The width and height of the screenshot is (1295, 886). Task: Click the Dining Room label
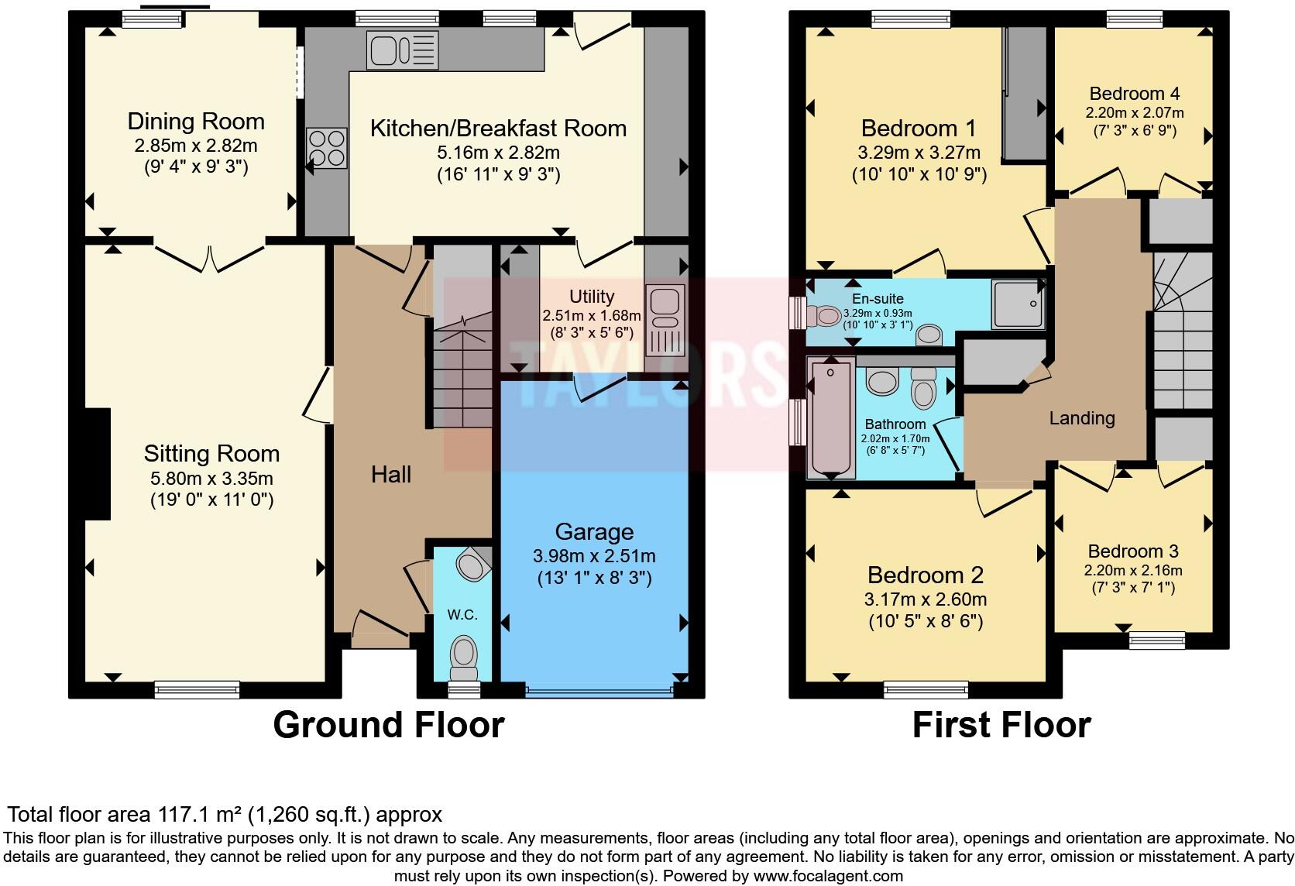click(x=196, y=122)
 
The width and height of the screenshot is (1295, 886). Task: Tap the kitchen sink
click(x=403, y=50)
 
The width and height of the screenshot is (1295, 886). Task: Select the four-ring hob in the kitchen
click(x=327, y=148)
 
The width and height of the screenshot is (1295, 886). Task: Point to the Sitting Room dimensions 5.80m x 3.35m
click(x=211, y=479)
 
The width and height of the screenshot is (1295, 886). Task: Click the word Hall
click(x=391, y=475)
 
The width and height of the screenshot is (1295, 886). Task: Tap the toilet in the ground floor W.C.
click(x=464, y=658)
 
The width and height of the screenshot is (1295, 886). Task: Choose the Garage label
click(x=594, y=532)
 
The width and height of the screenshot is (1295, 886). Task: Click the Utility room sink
click(x=665, y=320)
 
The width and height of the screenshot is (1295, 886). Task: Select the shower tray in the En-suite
click(x=1018, y=304)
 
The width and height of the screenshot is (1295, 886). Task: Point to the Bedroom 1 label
click(x=919, y=128)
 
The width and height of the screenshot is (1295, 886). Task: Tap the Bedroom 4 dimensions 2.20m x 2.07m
click(x=1134, y=113)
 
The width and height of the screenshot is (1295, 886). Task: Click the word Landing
click(x=1082, y=418)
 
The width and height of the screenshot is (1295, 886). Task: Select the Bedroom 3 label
click(x=1133, y=551)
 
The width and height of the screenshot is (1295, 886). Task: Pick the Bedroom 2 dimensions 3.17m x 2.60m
click(x=926, y=599)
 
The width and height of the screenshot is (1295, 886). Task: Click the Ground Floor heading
click(x=389, y=725)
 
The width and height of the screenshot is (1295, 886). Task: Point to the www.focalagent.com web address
click(x=828, y=876)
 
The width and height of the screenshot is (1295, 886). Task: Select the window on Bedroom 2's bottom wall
click(x=926, y=689)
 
